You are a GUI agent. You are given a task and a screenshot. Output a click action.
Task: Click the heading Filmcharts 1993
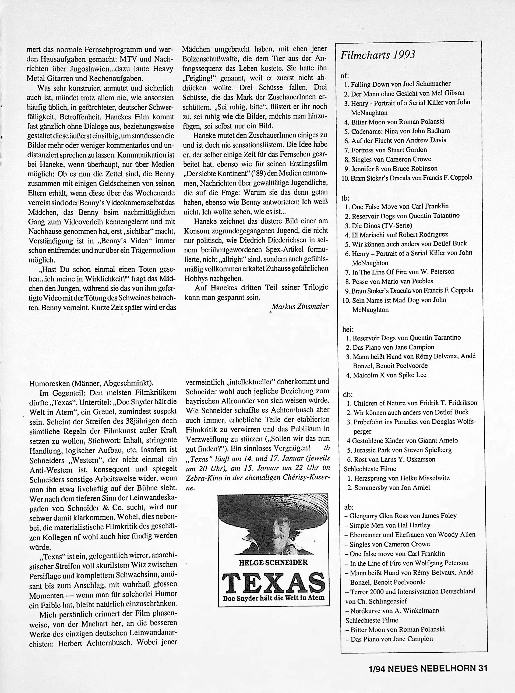click(x=378, y=55)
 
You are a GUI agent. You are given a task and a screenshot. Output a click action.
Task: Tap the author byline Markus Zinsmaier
click(x=300, y=306)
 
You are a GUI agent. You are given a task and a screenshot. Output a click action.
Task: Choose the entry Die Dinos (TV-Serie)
click(x=382, y=225)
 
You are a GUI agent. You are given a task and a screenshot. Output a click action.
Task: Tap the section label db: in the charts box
click(x=348, y=394)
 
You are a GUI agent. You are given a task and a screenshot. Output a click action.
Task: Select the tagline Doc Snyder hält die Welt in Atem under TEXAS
click(x=273, y=598)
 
